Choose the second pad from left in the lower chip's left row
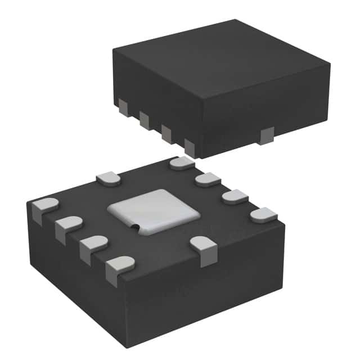69,226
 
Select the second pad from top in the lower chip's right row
208,179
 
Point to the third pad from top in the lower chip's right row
235,197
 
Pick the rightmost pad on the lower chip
263,216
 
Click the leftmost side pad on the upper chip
123,105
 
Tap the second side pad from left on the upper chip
145,119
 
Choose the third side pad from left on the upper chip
166,133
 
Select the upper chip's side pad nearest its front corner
190,147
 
